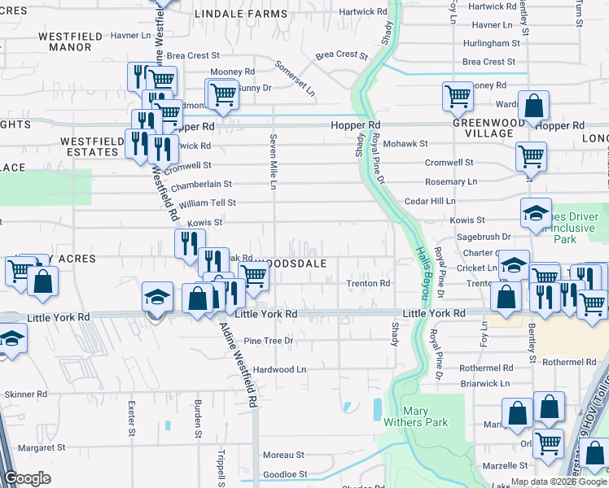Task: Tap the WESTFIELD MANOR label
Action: pyautogui.click(x=54, y=41)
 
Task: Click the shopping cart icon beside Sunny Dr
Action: pyautogui.click(x=221, y=94)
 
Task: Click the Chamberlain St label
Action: pyautogui.click(x=201, y=184)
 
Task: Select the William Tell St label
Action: pyautogui.click(x=207, y=203)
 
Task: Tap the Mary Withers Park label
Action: pyautogui.click(x=414, y=416)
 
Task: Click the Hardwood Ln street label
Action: pyautogui.click(x=279, y=369)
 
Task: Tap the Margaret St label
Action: pyautogui.click(x=42, y=447)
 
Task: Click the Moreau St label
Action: pyautogui.click(x=283, y=455)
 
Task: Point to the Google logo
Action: pyautogui.click(x=28, y=478)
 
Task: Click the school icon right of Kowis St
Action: pyautogui.click(x=536, y=214)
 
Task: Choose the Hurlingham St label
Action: pyautogui.click(x=491, y=42)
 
